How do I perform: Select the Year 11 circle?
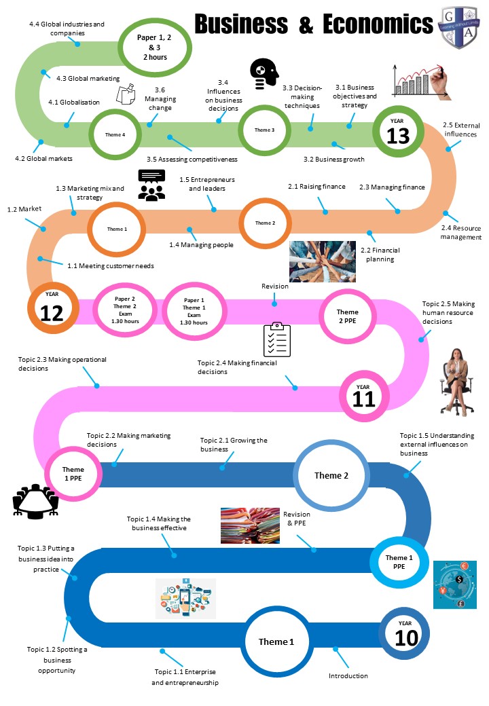(364, 395)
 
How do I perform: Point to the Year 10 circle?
(405, 633)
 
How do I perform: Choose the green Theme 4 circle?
(115, 134)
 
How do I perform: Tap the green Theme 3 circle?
(264, 130)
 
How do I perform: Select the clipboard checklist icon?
(277, 339)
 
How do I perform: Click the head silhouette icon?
(264, 73)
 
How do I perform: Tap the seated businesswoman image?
(456, 379)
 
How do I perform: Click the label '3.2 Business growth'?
(333, 160)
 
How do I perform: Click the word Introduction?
(348, 675)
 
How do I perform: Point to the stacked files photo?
(250, 525)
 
